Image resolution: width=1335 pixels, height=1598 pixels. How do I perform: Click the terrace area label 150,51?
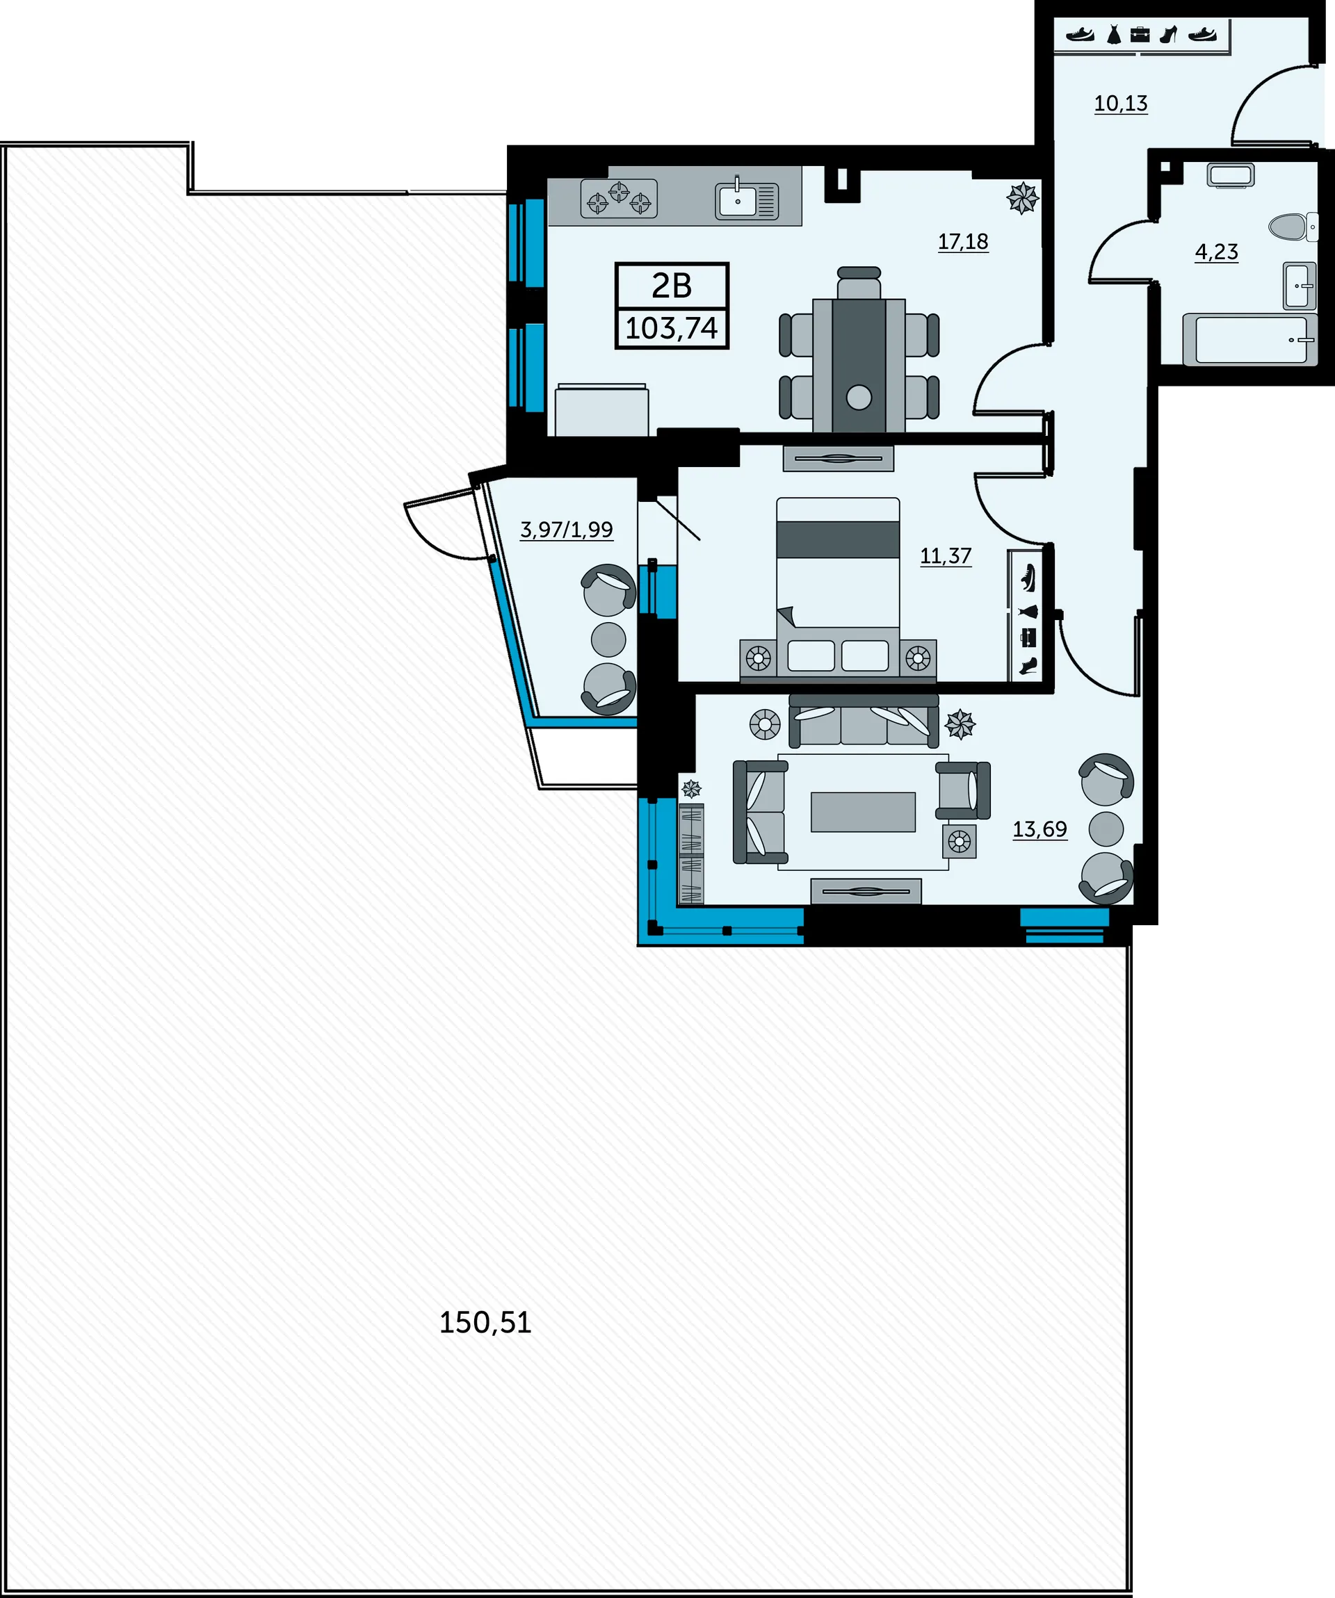485,1323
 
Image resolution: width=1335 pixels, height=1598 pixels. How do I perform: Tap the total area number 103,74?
671,328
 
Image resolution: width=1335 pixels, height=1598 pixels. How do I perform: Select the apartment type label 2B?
671,286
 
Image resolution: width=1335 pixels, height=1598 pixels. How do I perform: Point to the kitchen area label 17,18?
963,241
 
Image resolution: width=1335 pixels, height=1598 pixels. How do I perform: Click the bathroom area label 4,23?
1216,251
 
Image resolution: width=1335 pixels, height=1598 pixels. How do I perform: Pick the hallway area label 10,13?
1120,103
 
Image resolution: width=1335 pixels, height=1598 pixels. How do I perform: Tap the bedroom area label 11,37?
946,555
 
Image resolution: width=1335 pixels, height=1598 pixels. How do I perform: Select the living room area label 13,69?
1039,829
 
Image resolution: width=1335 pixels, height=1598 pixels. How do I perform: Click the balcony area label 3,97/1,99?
566,529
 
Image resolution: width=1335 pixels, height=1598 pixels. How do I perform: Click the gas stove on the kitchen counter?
619,199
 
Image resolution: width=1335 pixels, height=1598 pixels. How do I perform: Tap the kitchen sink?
747,200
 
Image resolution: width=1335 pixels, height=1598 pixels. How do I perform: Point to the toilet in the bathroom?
1293,226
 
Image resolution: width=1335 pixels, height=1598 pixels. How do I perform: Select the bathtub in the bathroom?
1249,339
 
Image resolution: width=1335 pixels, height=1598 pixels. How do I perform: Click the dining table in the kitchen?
859,365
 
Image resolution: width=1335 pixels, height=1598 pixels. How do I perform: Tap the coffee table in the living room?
863,812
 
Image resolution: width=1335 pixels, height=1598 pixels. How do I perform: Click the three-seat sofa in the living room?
864,721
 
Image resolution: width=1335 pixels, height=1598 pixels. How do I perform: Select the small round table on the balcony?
608,639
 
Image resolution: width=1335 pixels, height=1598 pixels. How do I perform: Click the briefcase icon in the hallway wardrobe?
1140,34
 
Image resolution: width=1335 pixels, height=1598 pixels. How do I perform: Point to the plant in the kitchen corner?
1022,198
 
